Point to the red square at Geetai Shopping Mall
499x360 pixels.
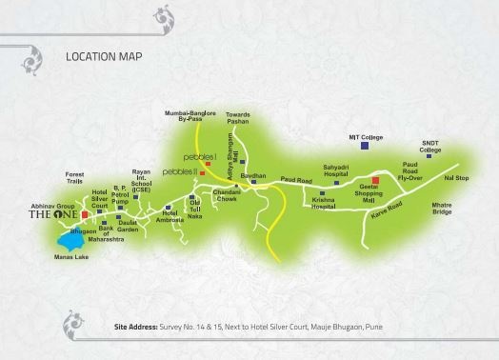click(375, 180)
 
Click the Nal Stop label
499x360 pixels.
click(456, 176)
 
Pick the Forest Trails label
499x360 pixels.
click(75, 177)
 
